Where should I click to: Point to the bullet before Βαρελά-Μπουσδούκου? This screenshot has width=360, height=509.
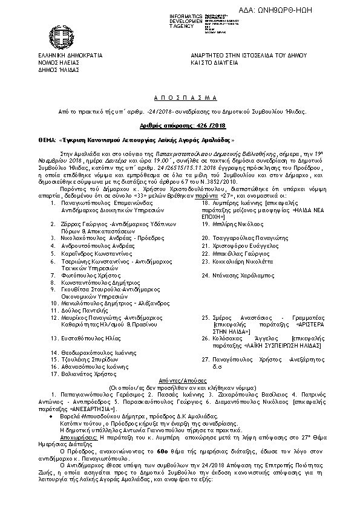(54, 418)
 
